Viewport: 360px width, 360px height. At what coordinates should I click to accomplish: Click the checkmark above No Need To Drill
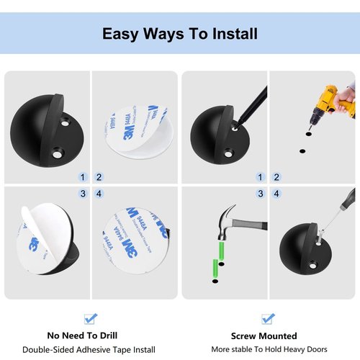click(91, 318)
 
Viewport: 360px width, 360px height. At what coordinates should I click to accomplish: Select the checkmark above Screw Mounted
click(267, 318)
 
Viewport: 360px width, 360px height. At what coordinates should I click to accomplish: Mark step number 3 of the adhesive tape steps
click(83, 194)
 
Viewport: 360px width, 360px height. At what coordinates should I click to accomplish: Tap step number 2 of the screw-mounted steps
click(276, 176)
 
